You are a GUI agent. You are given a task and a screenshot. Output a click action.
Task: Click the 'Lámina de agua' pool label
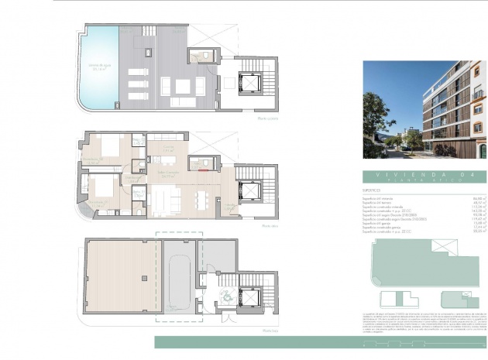click(x=98, y=68)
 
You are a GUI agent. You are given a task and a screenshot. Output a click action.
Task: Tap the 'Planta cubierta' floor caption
click(x=267, y=119)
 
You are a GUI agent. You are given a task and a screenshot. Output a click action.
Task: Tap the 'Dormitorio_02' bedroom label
click(x=95, y=160)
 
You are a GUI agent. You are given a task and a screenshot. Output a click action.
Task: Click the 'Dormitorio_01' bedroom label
click(x=98, y=203)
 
